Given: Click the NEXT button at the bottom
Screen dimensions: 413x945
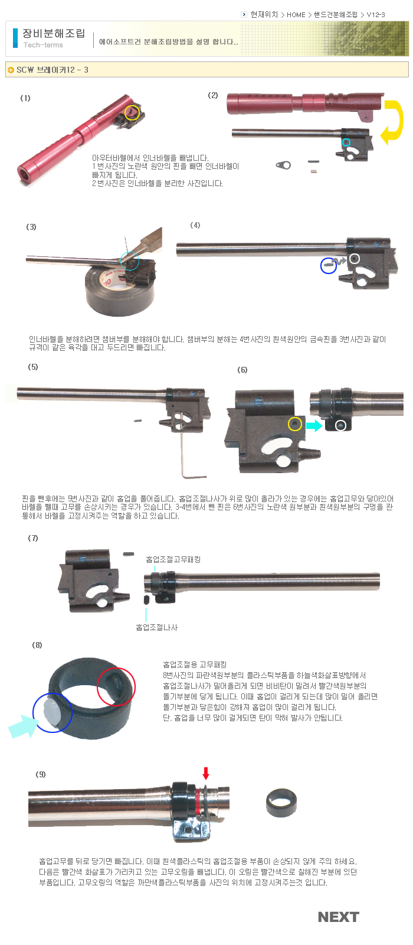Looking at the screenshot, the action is pyautogui.click(x=339, y=917).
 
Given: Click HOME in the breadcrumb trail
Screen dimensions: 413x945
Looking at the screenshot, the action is pyautogui.click(x=296, y=15).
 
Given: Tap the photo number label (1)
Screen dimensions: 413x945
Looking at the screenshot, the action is pyautogui.click(x=25, y=98).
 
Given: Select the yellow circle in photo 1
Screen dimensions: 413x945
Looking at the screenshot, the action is pyautogui.click(x=132, y=113).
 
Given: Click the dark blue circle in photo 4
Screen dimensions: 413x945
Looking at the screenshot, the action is pyautogui.click(x=328, y=266).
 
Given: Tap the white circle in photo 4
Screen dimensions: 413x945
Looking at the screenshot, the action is pyautogui.click(x=355, y=258).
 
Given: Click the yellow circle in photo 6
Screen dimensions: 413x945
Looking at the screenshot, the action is pyautogui.click(x=294, y=424).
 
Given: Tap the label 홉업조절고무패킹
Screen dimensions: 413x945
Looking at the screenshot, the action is pyautogui.click(x=173, y=559).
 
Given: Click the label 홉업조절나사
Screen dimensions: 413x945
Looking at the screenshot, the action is pyautogui.click(x=157, y=627).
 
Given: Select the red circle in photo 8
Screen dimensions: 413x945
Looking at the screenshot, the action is pyautogui.click(x=116, y=687).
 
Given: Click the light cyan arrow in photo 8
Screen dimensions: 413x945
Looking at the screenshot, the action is pyautogui.click(x=22, y=726).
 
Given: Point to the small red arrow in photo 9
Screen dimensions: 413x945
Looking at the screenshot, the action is pyautogui.click(x=206, y=773).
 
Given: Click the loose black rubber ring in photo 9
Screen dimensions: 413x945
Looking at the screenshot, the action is pyautogui.click(x=281, y=803).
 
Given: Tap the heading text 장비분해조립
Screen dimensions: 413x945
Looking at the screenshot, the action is pyautogui.click(x=54, y=33).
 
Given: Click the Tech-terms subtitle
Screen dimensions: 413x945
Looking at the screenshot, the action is pyautogui.click(x=43, y=45).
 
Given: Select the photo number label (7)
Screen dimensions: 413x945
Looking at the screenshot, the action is pyautogui.click(x=33, y=538).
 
